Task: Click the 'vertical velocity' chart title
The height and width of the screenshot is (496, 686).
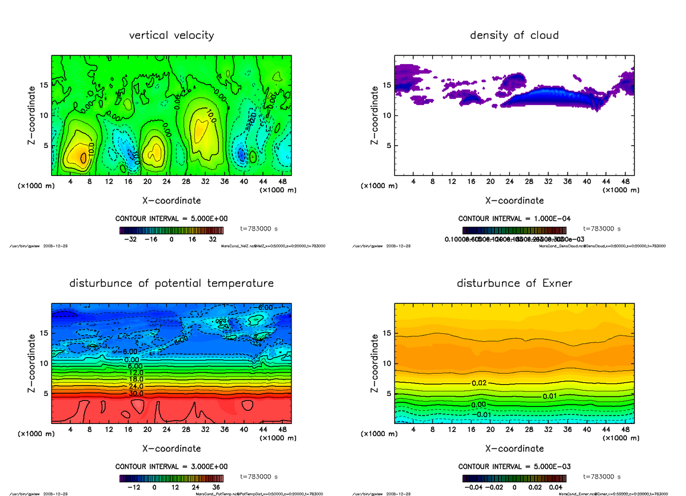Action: (x=171, y=35)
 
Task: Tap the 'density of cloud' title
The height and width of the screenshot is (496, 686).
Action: (x=514, y=35)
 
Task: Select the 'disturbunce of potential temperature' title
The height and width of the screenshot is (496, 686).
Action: (x=171, y=283)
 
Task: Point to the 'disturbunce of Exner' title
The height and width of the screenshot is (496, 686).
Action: (x=514, y=283)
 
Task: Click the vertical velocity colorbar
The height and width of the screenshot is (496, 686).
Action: (x=171, y=230)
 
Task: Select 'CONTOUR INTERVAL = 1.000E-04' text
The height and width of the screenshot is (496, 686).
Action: (x=515, y=219)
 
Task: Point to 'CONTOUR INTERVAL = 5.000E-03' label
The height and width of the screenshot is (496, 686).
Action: (x=515, y=466)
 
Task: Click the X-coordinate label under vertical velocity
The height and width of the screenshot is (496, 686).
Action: (x=171, y=201)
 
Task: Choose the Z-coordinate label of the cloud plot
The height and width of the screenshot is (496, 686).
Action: (x=375, y=115)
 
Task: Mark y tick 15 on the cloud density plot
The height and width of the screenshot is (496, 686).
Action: (x=387, y=86)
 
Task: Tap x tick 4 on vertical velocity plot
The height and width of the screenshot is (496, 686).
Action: (x=70, y=182)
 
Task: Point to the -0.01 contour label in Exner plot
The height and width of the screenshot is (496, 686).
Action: (x=484, y=414)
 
